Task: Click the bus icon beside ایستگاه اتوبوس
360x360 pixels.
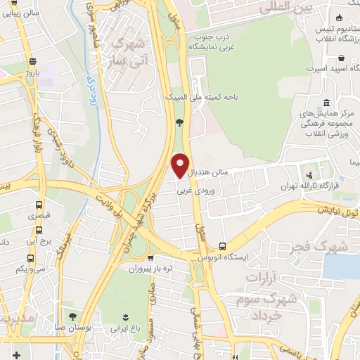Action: [x=222, y=246]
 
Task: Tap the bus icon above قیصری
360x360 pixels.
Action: [x=39, y=205]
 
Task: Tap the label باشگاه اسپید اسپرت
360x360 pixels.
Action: [x=328, y=70]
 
